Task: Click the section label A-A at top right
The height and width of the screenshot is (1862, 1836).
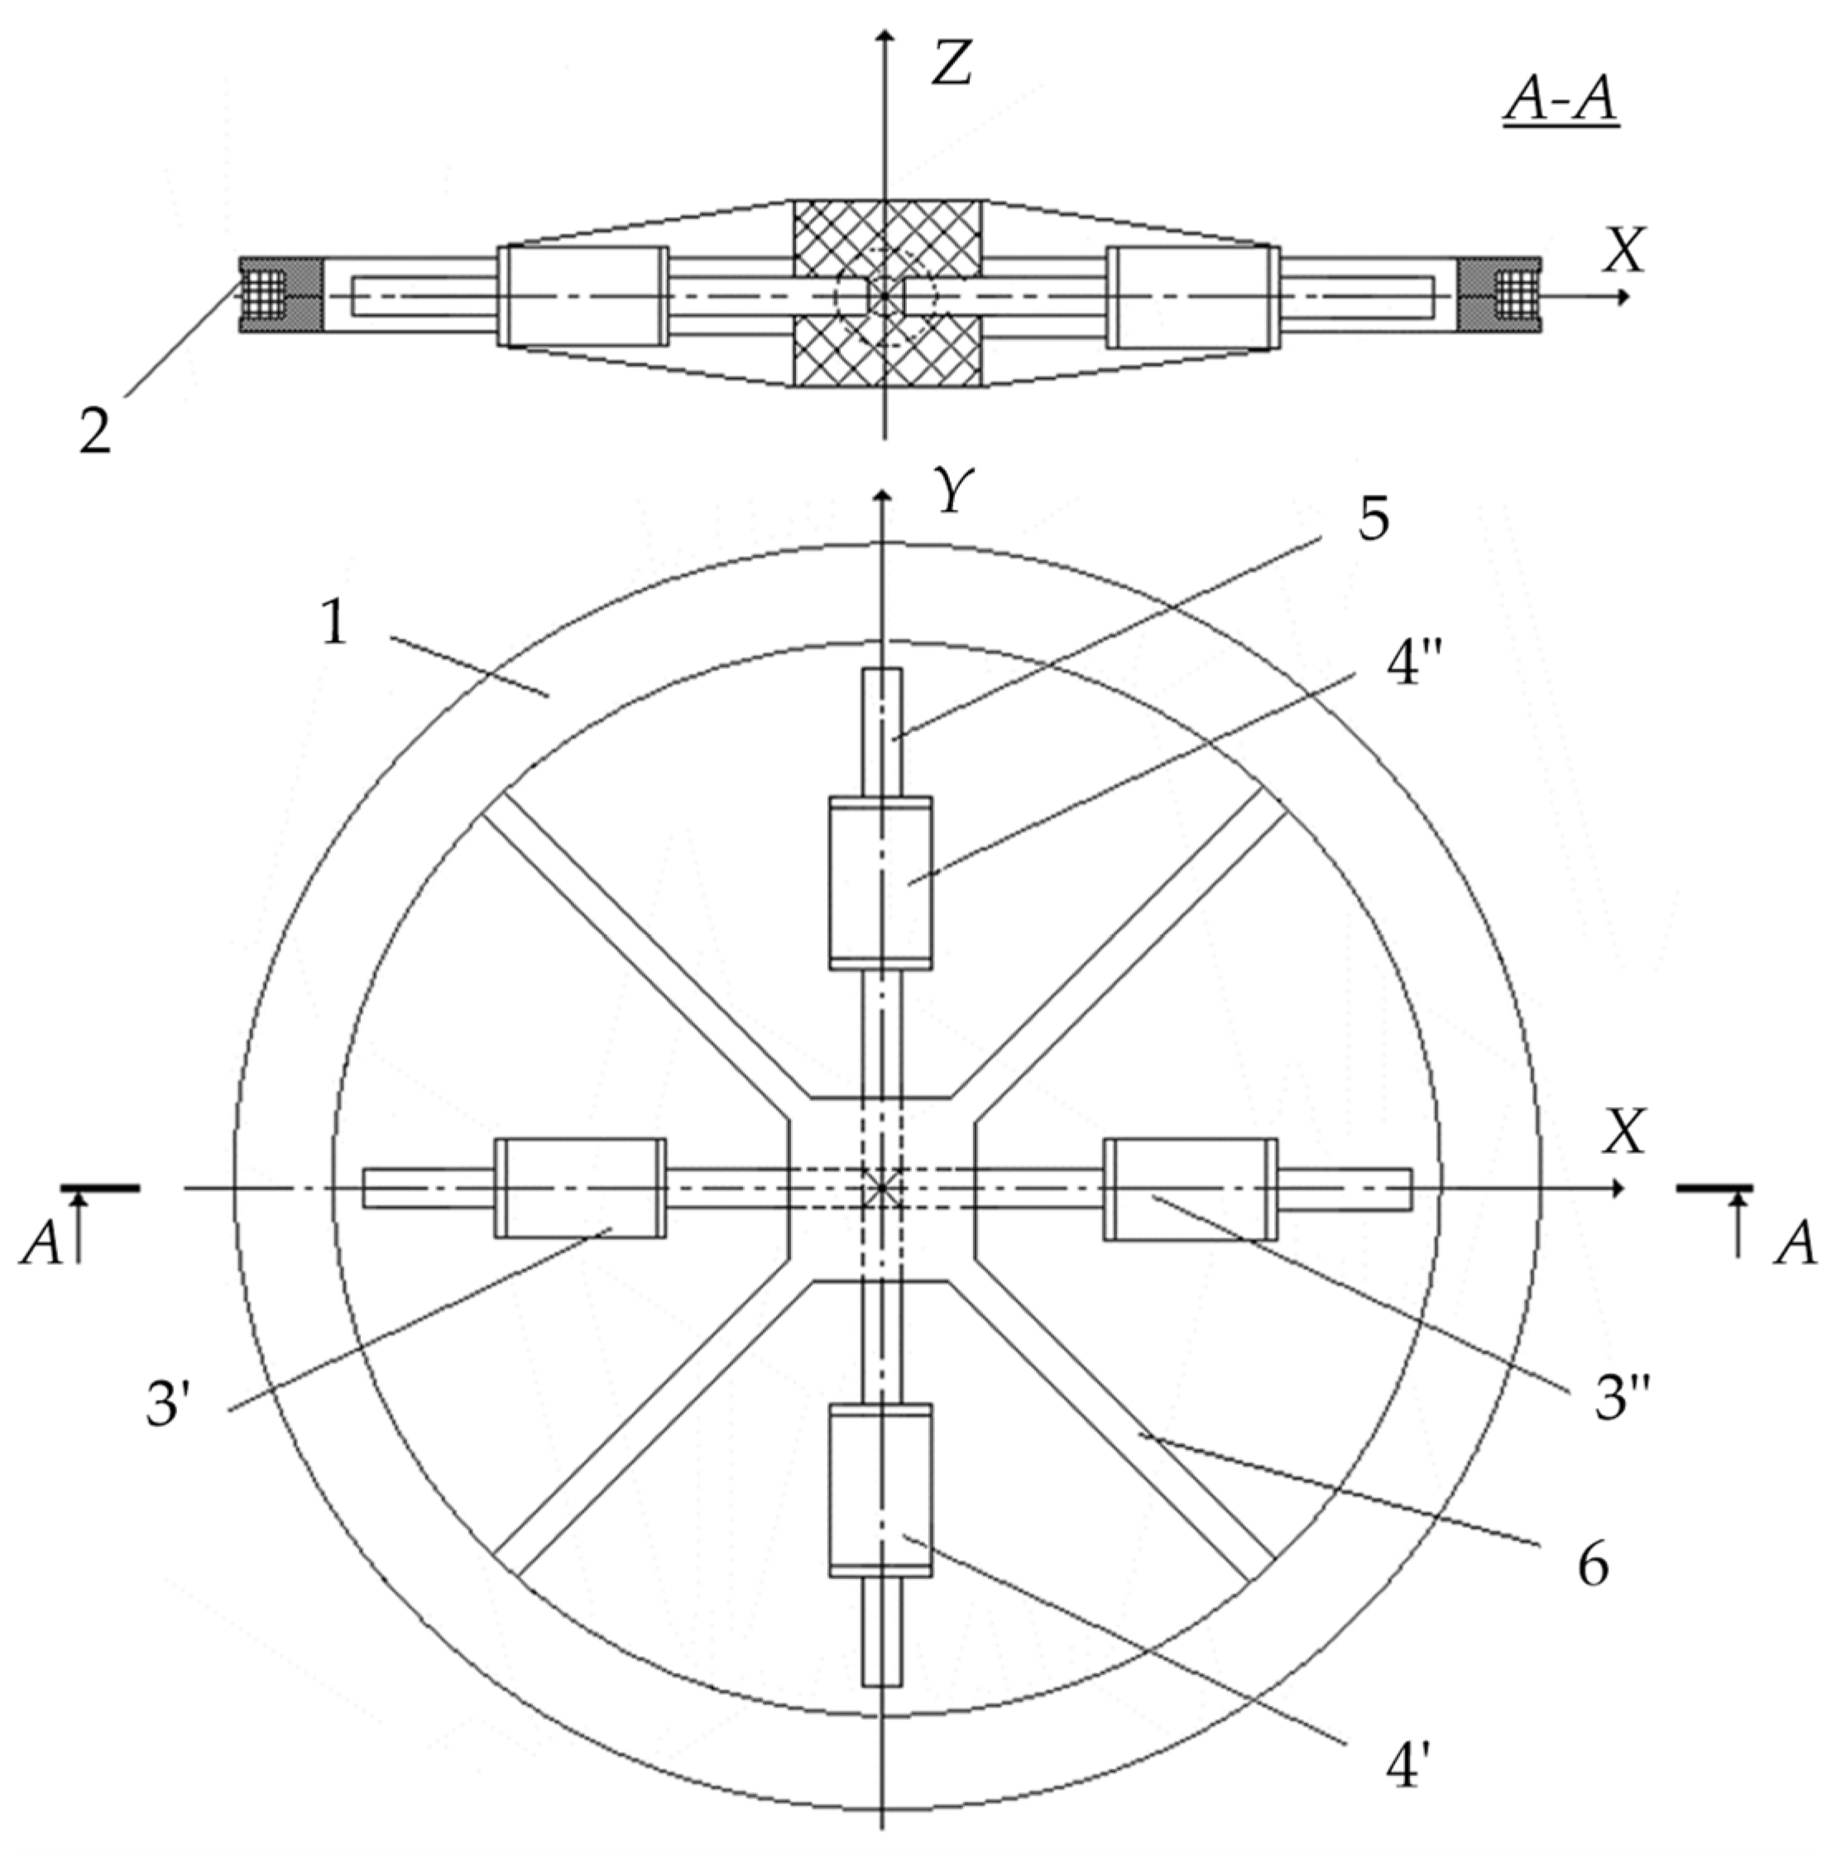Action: [1560, 100]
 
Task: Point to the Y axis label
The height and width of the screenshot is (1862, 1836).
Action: [953, 491]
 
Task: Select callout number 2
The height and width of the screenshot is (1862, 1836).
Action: [95, 433]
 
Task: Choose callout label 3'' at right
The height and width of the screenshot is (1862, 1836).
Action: [1622, 1397]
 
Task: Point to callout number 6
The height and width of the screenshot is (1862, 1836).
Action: [1592, 1563]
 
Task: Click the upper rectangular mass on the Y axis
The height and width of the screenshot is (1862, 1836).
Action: [880, 883]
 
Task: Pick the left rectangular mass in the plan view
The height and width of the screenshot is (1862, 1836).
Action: [580, 1187]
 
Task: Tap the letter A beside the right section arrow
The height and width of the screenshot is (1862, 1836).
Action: [1795, 1243]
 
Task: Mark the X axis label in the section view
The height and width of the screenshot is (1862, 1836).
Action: [1624, 251]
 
